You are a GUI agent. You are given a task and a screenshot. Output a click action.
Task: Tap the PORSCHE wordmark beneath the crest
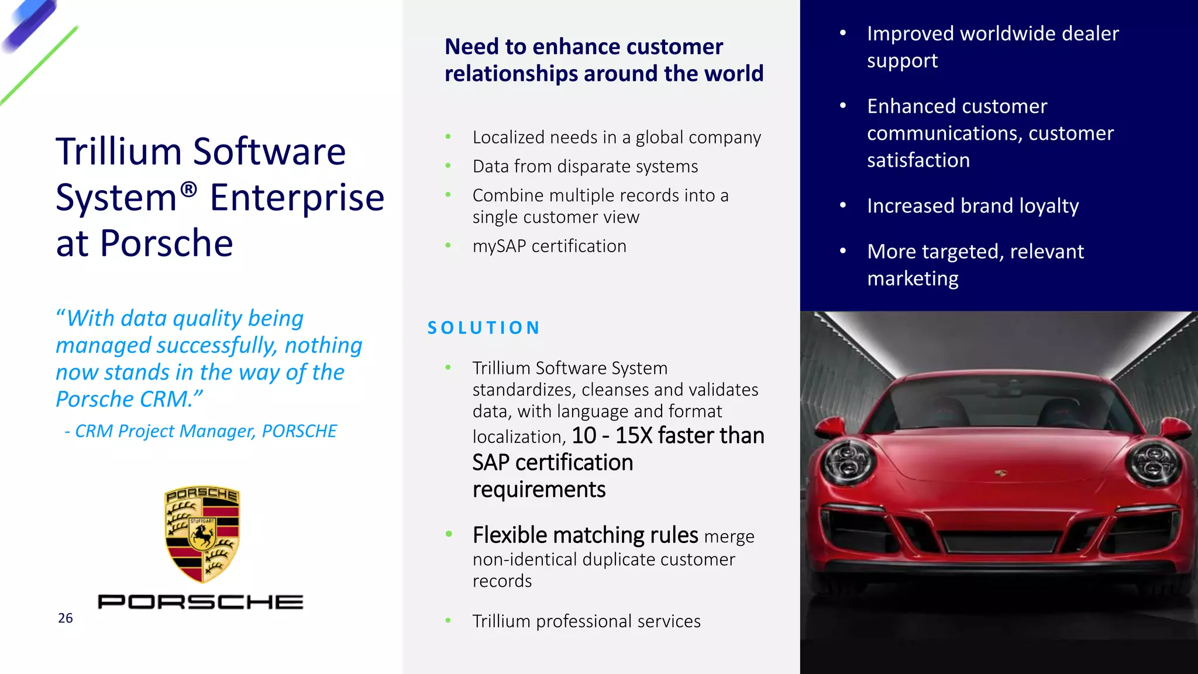click(x=201, y=601)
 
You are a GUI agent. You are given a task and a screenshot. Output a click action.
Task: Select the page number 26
click(x=66, y=618)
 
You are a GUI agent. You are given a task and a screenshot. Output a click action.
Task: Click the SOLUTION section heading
click(x=484, y=328)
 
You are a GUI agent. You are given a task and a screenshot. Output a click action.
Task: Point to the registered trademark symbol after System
click(x=188, y=189)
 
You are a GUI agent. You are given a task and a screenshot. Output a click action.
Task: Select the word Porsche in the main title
click(x=166, y=243)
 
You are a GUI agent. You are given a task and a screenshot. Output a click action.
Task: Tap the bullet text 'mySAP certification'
click(x=549, y=246)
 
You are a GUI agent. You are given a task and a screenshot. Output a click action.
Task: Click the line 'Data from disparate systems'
click(x=585, y=167)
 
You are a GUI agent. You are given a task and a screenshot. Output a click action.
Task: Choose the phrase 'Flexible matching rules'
click(x=585, y=535)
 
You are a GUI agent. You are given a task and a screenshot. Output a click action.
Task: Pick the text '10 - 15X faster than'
click(x=668, y=436)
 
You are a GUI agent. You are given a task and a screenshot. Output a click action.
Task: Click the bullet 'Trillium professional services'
click(x=586, y=621)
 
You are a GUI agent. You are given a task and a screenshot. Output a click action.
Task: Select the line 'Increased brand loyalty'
click(x=973, y=206)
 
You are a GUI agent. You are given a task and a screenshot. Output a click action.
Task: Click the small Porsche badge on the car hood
click(x=1000, y=472)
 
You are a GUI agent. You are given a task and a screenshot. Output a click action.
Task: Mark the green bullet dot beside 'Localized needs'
click(x=448, y=137)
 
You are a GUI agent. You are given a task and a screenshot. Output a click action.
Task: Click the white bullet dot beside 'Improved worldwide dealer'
click(x=843, y=33)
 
